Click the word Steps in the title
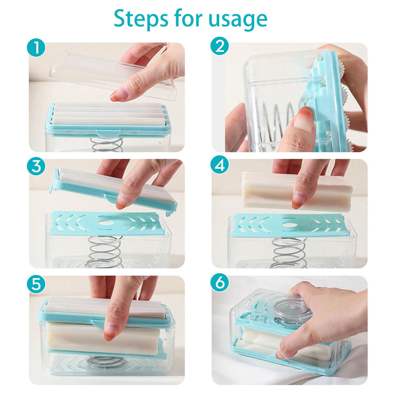point(141,19)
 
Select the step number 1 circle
point(36,48)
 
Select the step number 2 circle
point(220,46)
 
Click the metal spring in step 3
point(104,252)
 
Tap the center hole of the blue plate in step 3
point(105,223)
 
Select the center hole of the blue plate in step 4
point(289,225)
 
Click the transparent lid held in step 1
point(113,75)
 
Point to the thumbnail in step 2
point(303,122)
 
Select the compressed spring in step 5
point(105,361)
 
